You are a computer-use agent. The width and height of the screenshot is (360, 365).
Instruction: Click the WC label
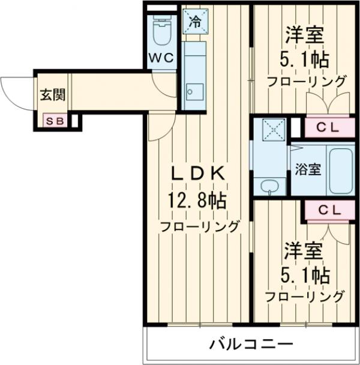(161, 58)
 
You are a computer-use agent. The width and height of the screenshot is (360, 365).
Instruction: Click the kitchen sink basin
(195, 92)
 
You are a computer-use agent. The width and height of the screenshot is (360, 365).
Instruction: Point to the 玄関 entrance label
(52, 95)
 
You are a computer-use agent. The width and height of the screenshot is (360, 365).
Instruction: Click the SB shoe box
(55, 121)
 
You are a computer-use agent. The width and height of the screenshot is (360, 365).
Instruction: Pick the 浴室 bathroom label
(308, 170)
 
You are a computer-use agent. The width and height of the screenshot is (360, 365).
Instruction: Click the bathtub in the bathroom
(339, 168)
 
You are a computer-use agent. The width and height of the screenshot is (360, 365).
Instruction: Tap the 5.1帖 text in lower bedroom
(306, 276)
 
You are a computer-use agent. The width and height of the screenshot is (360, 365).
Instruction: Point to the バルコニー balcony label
(251, 345)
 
